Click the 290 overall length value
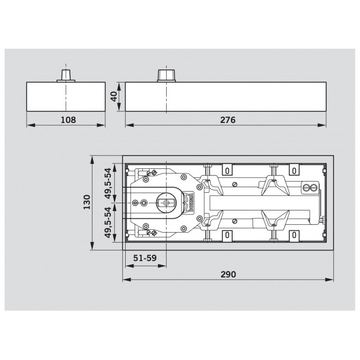pyautogui.click(x=228, y=274)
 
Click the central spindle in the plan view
pyautogui.click(x=166, y=203)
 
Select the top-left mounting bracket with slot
pyautogui.click(x=227, y=169)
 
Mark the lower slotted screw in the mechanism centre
pyautogui.click(x=235, y=222)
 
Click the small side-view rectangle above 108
pyautogui.click(x=66, y=97)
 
